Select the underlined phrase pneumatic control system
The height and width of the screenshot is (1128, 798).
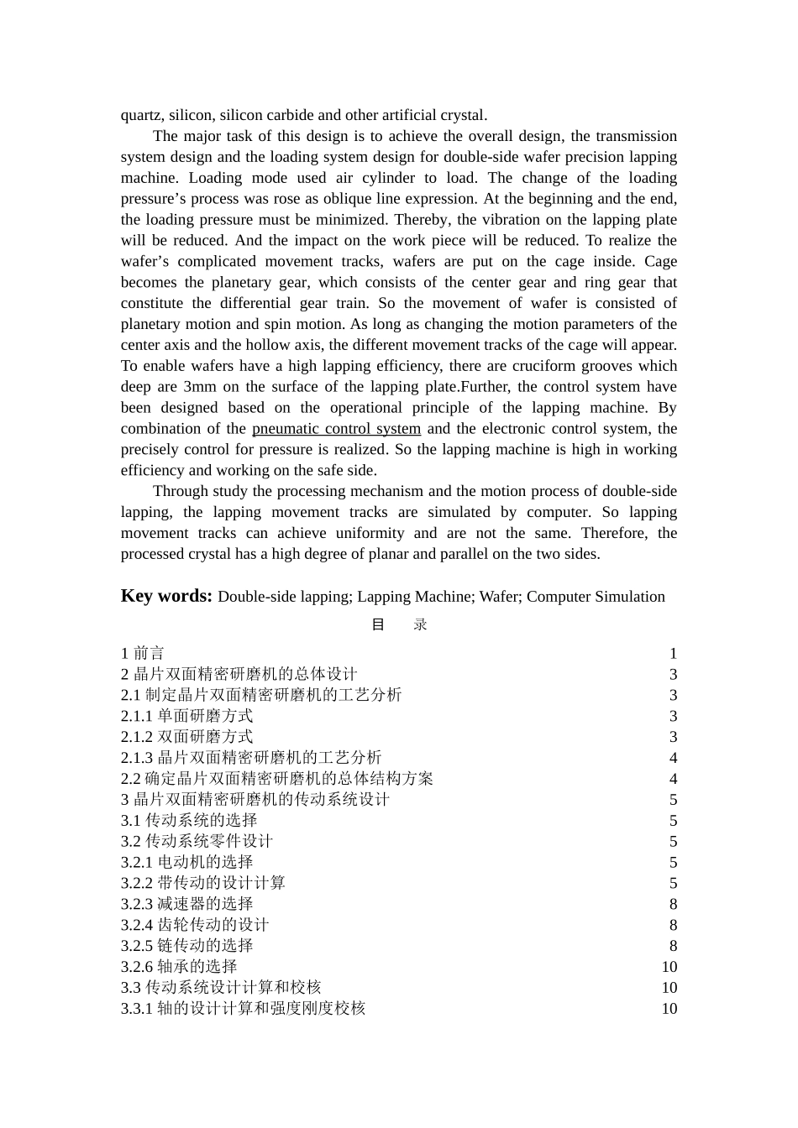(336, 429)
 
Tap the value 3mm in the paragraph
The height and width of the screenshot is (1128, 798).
(200, 387)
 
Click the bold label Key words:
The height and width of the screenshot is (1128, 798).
(166, 596)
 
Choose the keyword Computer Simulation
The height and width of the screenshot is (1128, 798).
(596, 597)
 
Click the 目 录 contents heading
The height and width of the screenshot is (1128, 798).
(399, 624)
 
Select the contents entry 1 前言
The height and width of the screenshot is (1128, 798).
(143, 653)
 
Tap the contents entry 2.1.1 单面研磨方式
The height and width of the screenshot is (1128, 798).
(186, 716)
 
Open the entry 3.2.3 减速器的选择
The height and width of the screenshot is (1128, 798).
(186, 904)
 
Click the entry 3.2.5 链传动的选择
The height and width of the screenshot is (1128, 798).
(186, 946)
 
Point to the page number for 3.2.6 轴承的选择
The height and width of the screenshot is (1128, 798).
(669, 967)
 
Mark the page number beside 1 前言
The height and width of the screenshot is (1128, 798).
(673, 653)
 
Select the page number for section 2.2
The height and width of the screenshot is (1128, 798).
(673, 779)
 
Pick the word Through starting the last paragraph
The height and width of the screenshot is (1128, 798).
(180, 492)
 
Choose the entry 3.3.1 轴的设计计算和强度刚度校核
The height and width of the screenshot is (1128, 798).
(243, 1008)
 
